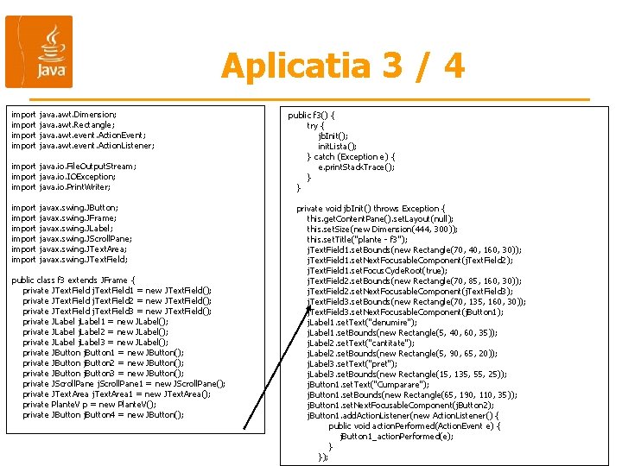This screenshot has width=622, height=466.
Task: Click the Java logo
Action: pyautogui.click(x=39, y=52)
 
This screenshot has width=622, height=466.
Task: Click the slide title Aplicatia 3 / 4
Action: pyautogui.click(x=342, y=66)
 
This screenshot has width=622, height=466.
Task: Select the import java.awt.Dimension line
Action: pyautogui.click(x=64, y=114)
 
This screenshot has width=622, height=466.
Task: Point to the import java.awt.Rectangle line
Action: pyautogui.click(x=64, y=124)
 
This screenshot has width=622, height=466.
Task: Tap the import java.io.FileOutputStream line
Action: pyautogui.click(x=73, y=166)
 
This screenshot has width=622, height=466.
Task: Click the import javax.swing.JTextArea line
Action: pyautogui.click(x=69, y=249)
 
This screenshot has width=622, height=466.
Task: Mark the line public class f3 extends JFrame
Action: pyautogui.click(x=73, y=280)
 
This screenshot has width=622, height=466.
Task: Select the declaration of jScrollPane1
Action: pyautogui.click(x=124, y=383)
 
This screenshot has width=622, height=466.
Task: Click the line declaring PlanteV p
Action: pyautogui.click(x=90, y=404)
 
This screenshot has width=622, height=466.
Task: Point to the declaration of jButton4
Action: pyautogui.click(x=104, y=414)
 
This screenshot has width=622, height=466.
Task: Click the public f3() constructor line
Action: pyautogui.click(x=311, y=115)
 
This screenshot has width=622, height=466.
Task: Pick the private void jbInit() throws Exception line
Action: pyautogui.click(x=371, y=208)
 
